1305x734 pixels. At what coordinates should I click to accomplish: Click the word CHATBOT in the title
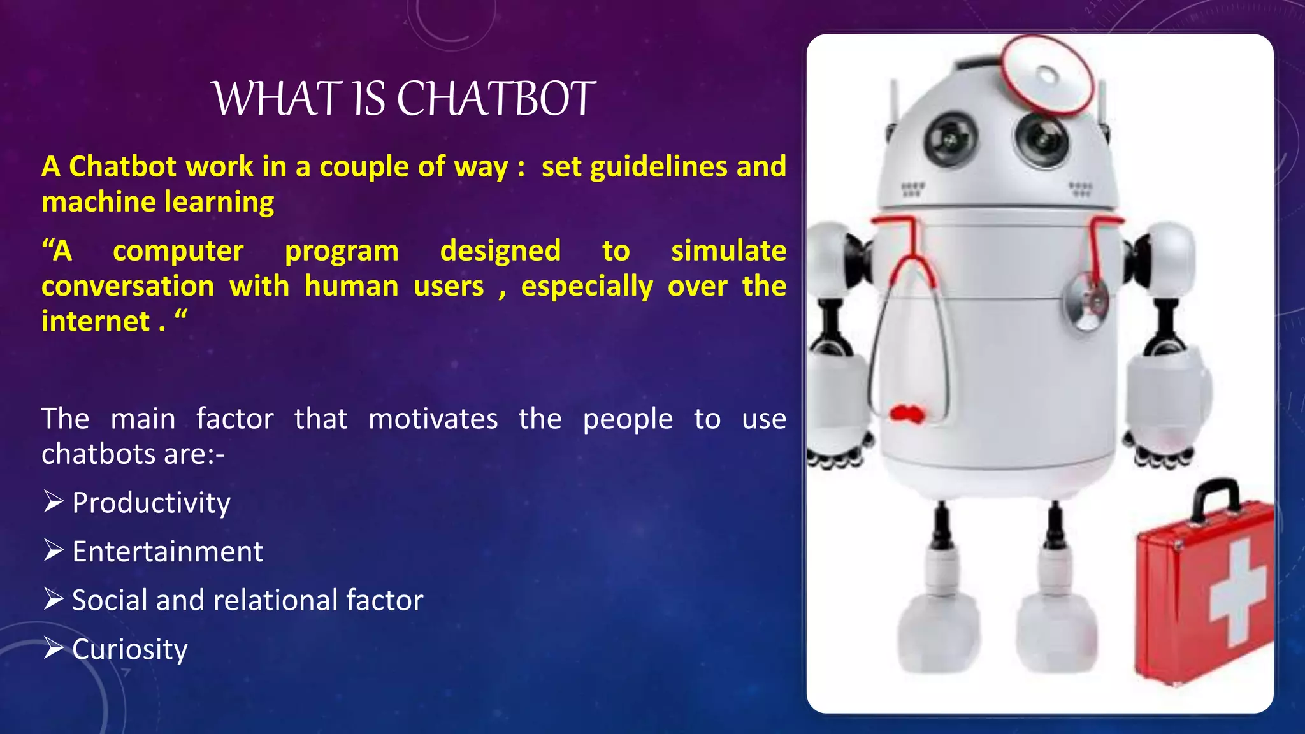(496, 99)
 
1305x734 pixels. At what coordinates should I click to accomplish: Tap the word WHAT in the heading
(275, 99)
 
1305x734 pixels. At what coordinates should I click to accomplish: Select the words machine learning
(157, 202)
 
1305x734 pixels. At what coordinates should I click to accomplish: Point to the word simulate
(728, 250)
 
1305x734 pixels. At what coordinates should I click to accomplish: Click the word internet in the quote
(96, 321)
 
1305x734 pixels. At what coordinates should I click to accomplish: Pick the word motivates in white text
(433, 419)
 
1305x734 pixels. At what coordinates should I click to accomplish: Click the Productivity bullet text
(151, 503)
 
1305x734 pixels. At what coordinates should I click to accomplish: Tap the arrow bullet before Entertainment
(54, 550)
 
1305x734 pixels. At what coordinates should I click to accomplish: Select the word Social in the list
(109, 600)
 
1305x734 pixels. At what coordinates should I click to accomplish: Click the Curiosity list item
(129, 649)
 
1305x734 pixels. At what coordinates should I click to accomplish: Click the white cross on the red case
(1236, 592)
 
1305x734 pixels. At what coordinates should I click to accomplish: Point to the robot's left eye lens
(950, 138)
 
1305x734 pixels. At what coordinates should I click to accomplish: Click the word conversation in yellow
(127, 286)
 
